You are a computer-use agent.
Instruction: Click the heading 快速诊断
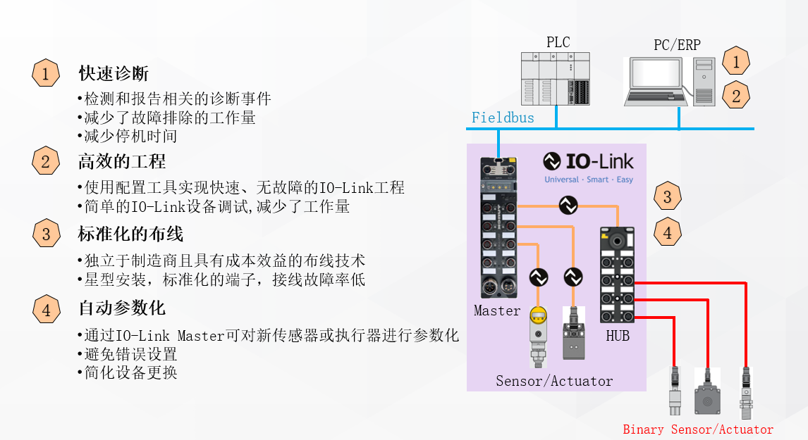(x=114, y=73)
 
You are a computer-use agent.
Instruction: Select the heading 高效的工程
(x=122, y=162)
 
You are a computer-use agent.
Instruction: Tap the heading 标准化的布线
(x=130, y=233)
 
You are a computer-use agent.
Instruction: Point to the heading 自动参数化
(x=122, y=308)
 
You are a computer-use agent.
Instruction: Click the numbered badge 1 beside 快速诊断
(x=46, y=73)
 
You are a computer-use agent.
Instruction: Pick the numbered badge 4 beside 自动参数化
(x=46, y=309)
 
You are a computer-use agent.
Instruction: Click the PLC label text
(x=558, y=42)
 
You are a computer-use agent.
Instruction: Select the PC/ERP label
(x=677, y=45)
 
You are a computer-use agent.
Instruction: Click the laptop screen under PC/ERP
(x=656, y=75)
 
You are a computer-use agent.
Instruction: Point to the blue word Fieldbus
(x=503, y=118)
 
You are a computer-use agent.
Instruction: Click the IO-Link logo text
(x=599, y=162)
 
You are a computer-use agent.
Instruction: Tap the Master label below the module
(x=497, y=310)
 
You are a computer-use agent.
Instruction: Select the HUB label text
(x=618, y=336)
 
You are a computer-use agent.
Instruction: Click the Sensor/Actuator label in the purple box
(x=554, y=381)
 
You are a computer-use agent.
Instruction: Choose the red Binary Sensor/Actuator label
(x=698, y=429)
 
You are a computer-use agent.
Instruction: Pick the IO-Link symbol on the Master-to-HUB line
(x=568, y=206)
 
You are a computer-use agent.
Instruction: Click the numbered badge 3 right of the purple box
(x=668, y=196)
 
